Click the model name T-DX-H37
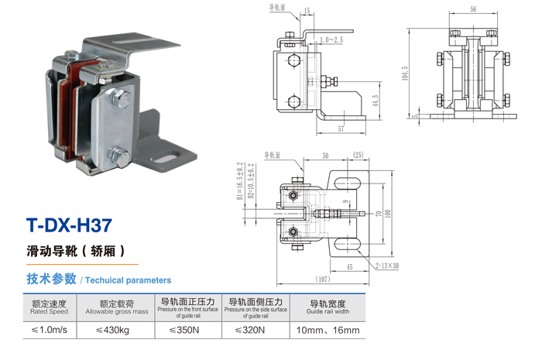[x=69, y=226]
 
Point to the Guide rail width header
[x=328, y=307]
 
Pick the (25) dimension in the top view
[x=358, y=156]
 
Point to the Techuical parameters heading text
[x=128, y=279]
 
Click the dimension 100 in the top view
[x=389, y=213]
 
